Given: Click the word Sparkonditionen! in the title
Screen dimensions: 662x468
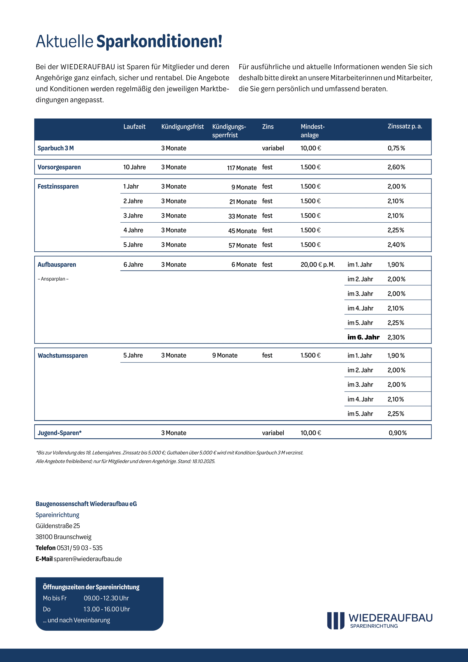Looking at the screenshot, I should [159, 41].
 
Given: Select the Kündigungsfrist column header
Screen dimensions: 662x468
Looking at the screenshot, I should [182, 126].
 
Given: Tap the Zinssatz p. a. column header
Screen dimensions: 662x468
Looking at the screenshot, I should [405, 126].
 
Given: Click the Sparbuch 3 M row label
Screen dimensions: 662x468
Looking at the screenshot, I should [56, 148].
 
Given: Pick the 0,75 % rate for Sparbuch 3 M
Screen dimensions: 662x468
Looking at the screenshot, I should [396, 148].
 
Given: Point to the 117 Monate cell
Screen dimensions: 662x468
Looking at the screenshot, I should [242, 168].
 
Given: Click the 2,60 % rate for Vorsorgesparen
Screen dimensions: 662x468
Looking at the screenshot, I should [396, 167].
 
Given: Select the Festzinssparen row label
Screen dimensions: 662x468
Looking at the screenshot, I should [58, 186].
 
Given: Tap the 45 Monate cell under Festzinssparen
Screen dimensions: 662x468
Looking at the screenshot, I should [242, 231].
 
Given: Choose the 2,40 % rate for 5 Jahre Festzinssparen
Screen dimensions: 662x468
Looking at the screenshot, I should [396, 245].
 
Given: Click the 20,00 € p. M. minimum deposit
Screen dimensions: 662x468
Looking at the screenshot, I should [318, 265].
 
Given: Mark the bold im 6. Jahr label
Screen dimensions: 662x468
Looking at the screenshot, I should [363, 337].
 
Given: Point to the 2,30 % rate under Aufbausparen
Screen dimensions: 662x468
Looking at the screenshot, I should [396, 337].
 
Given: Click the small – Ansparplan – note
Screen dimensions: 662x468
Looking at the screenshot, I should [53, 279].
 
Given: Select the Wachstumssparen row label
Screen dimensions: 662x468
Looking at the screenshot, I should [63, 356].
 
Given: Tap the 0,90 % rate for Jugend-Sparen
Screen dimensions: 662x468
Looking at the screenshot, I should [397, 433].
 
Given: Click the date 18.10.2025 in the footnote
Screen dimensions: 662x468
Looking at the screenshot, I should [203, 461].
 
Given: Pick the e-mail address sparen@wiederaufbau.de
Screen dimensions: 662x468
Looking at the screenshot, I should [88, 559].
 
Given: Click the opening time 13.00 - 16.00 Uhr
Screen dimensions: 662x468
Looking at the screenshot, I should [107, 609].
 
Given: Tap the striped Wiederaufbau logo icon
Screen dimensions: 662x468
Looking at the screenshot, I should [336, 620].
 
